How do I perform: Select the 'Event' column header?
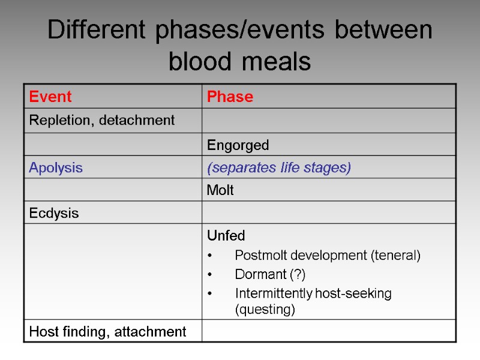pyautogui.click(x=50, y=97)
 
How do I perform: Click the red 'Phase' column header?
pyautogui.click(x=230, y=97)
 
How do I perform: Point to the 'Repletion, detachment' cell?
pyautogui.click(x=102, y=121)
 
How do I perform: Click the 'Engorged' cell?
pyautogui.click(x=238, y=145)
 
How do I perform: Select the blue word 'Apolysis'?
pyautogui.click(x=56, y=168)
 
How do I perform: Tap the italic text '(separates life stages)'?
pyautogui.click(x=278, y=168)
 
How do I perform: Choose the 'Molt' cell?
pyautogui.click(x=220, y=191)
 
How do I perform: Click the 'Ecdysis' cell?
pyautogui.click(x=54, y=214)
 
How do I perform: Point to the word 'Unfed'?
pyautogui.click(x=226, y=236)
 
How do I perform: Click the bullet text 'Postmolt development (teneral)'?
pyautogui.click(x=328, y=256)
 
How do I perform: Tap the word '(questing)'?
pyautogui.click(x=265, y=309)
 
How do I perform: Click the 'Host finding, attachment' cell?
pyautogui.click(x=108, y=331)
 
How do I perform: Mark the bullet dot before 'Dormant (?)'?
pyautogui.click(x=209, y=275)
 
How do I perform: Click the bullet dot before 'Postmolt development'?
pyautogui.click(x=209, y=256)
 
